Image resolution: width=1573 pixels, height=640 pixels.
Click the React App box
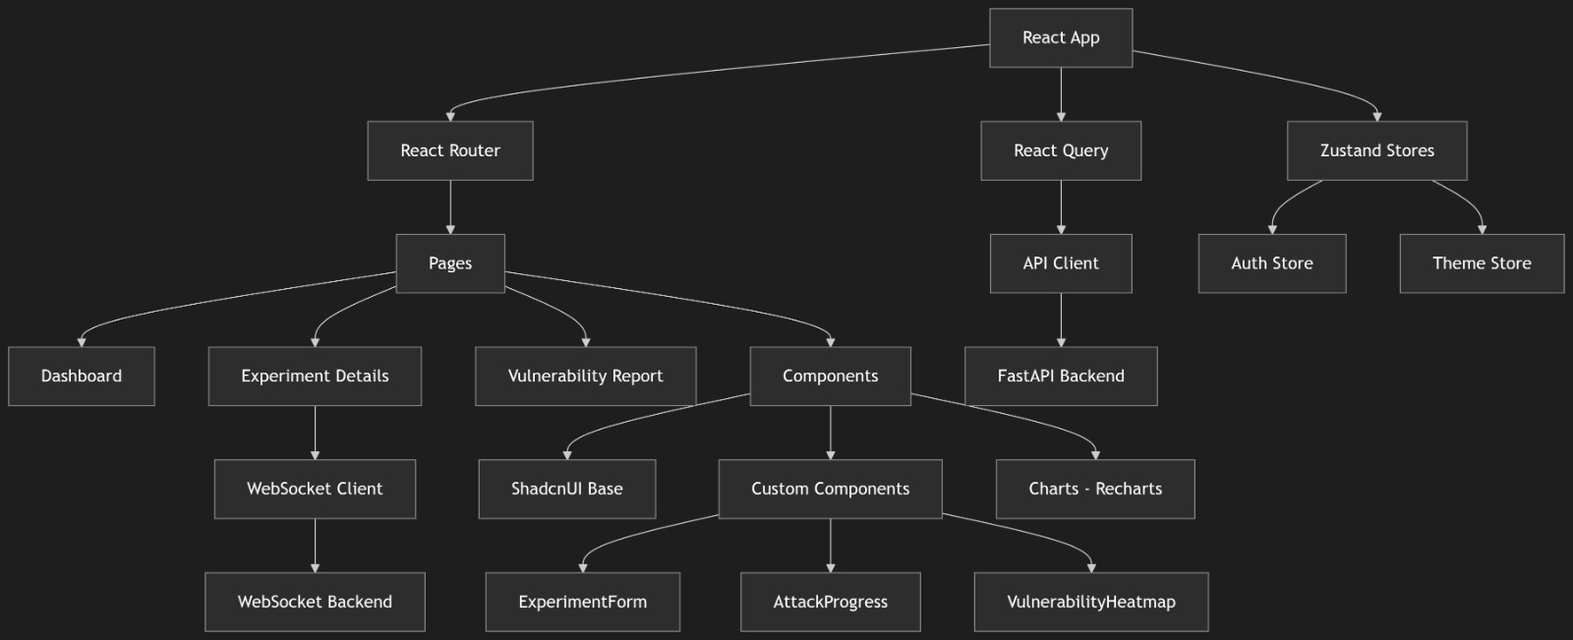(1061, 38)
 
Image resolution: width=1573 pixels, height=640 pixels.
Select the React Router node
(450, 151)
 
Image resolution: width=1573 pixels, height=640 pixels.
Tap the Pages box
(450, 263)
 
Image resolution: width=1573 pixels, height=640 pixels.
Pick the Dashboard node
(82, 376)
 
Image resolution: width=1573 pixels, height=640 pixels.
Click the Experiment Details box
(315, 376)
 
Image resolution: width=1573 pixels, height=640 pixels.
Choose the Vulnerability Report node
(586, 376)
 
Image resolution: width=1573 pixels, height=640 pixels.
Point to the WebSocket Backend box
(315, 602)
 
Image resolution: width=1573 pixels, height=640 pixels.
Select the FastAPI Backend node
(1061, 376)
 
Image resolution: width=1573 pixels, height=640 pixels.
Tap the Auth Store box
(1272, 263)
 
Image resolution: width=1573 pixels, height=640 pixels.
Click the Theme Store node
(1482, 263)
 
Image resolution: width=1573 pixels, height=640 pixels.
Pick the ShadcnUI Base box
(567, 489)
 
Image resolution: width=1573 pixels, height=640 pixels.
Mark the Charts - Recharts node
(1095, 489)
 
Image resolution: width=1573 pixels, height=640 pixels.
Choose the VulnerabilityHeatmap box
(1091, 602)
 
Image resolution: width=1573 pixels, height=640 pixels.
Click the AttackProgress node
(830, 602)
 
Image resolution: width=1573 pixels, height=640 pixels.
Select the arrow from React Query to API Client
(1061, 207)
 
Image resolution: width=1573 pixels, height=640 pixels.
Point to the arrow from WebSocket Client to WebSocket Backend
(315, 546)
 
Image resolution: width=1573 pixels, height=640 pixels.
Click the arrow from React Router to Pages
(450, 207)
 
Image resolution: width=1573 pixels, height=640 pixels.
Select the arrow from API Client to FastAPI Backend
(1061, 320)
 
